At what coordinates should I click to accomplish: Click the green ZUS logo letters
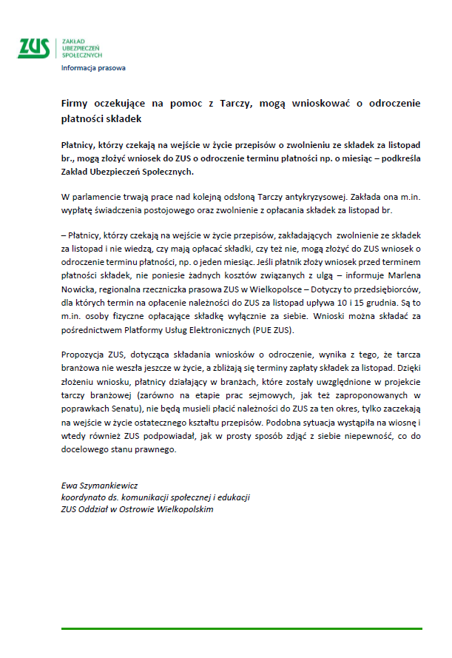tap(34, 47)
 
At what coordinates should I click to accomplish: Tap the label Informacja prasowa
tap(93, 68)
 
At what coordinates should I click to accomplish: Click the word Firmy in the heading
tap(74, 104)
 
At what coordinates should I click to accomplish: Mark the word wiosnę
tap(402, 421)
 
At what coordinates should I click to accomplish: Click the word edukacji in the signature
tap(234, 497)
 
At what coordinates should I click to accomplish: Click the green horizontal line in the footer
tap(241, 629)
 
